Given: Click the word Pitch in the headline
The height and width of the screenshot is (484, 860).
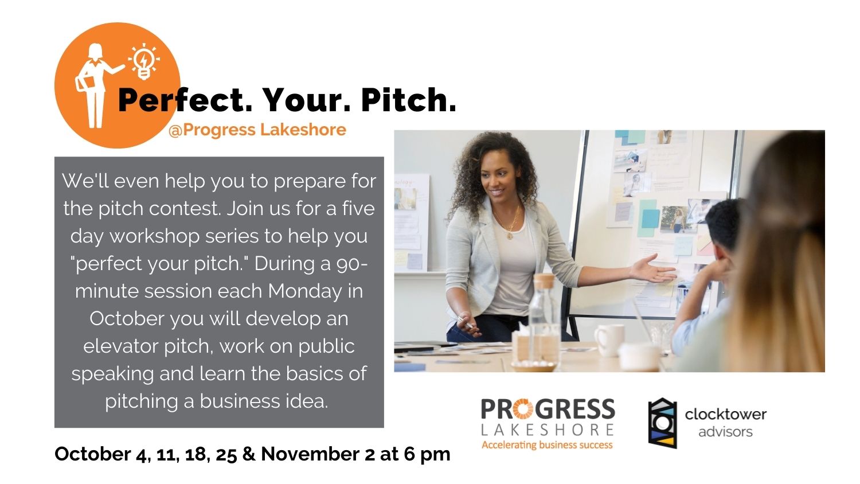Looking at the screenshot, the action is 408,100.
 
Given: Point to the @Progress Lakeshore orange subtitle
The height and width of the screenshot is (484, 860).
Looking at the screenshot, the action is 257,130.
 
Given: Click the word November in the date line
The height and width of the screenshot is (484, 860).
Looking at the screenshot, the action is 311,454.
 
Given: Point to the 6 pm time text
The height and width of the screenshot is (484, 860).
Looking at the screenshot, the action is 427,454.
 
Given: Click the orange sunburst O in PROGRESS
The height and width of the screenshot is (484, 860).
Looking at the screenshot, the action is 523,409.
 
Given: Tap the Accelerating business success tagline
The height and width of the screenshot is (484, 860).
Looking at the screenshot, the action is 547,445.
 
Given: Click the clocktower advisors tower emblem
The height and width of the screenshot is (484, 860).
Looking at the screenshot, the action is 662,423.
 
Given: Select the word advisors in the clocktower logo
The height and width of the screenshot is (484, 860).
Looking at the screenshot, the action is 725,432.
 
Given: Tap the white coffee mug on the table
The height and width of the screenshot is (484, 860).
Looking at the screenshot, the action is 609,340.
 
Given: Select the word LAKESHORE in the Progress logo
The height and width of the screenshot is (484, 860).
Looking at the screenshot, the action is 548,430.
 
